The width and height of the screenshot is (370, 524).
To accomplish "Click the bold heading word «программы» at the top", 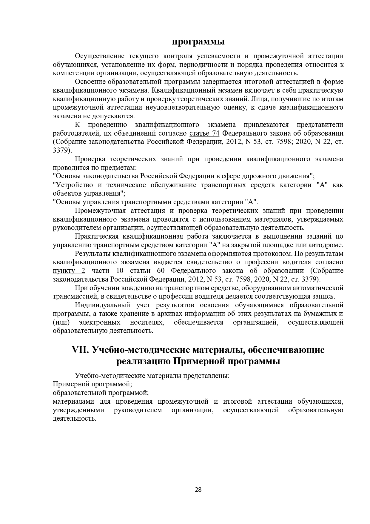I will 198,42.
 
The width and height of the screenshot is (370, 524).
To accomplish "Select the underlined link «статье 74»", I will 204,133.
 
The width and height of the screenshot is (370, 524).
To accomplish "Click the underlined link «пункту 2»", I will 69,271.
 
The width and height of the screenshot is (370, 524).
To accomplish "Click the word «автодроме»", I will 326,245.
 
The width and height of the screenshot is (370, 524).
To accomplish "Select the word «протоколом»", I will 272,254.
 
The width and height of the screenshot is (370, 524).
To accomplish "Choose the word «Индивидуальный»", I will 103,305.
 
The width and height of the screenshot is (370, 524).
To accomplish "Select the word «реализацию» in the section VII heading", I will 143,361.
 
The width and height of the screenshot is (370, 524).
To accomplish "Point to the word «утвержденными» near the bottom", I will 78,410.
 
